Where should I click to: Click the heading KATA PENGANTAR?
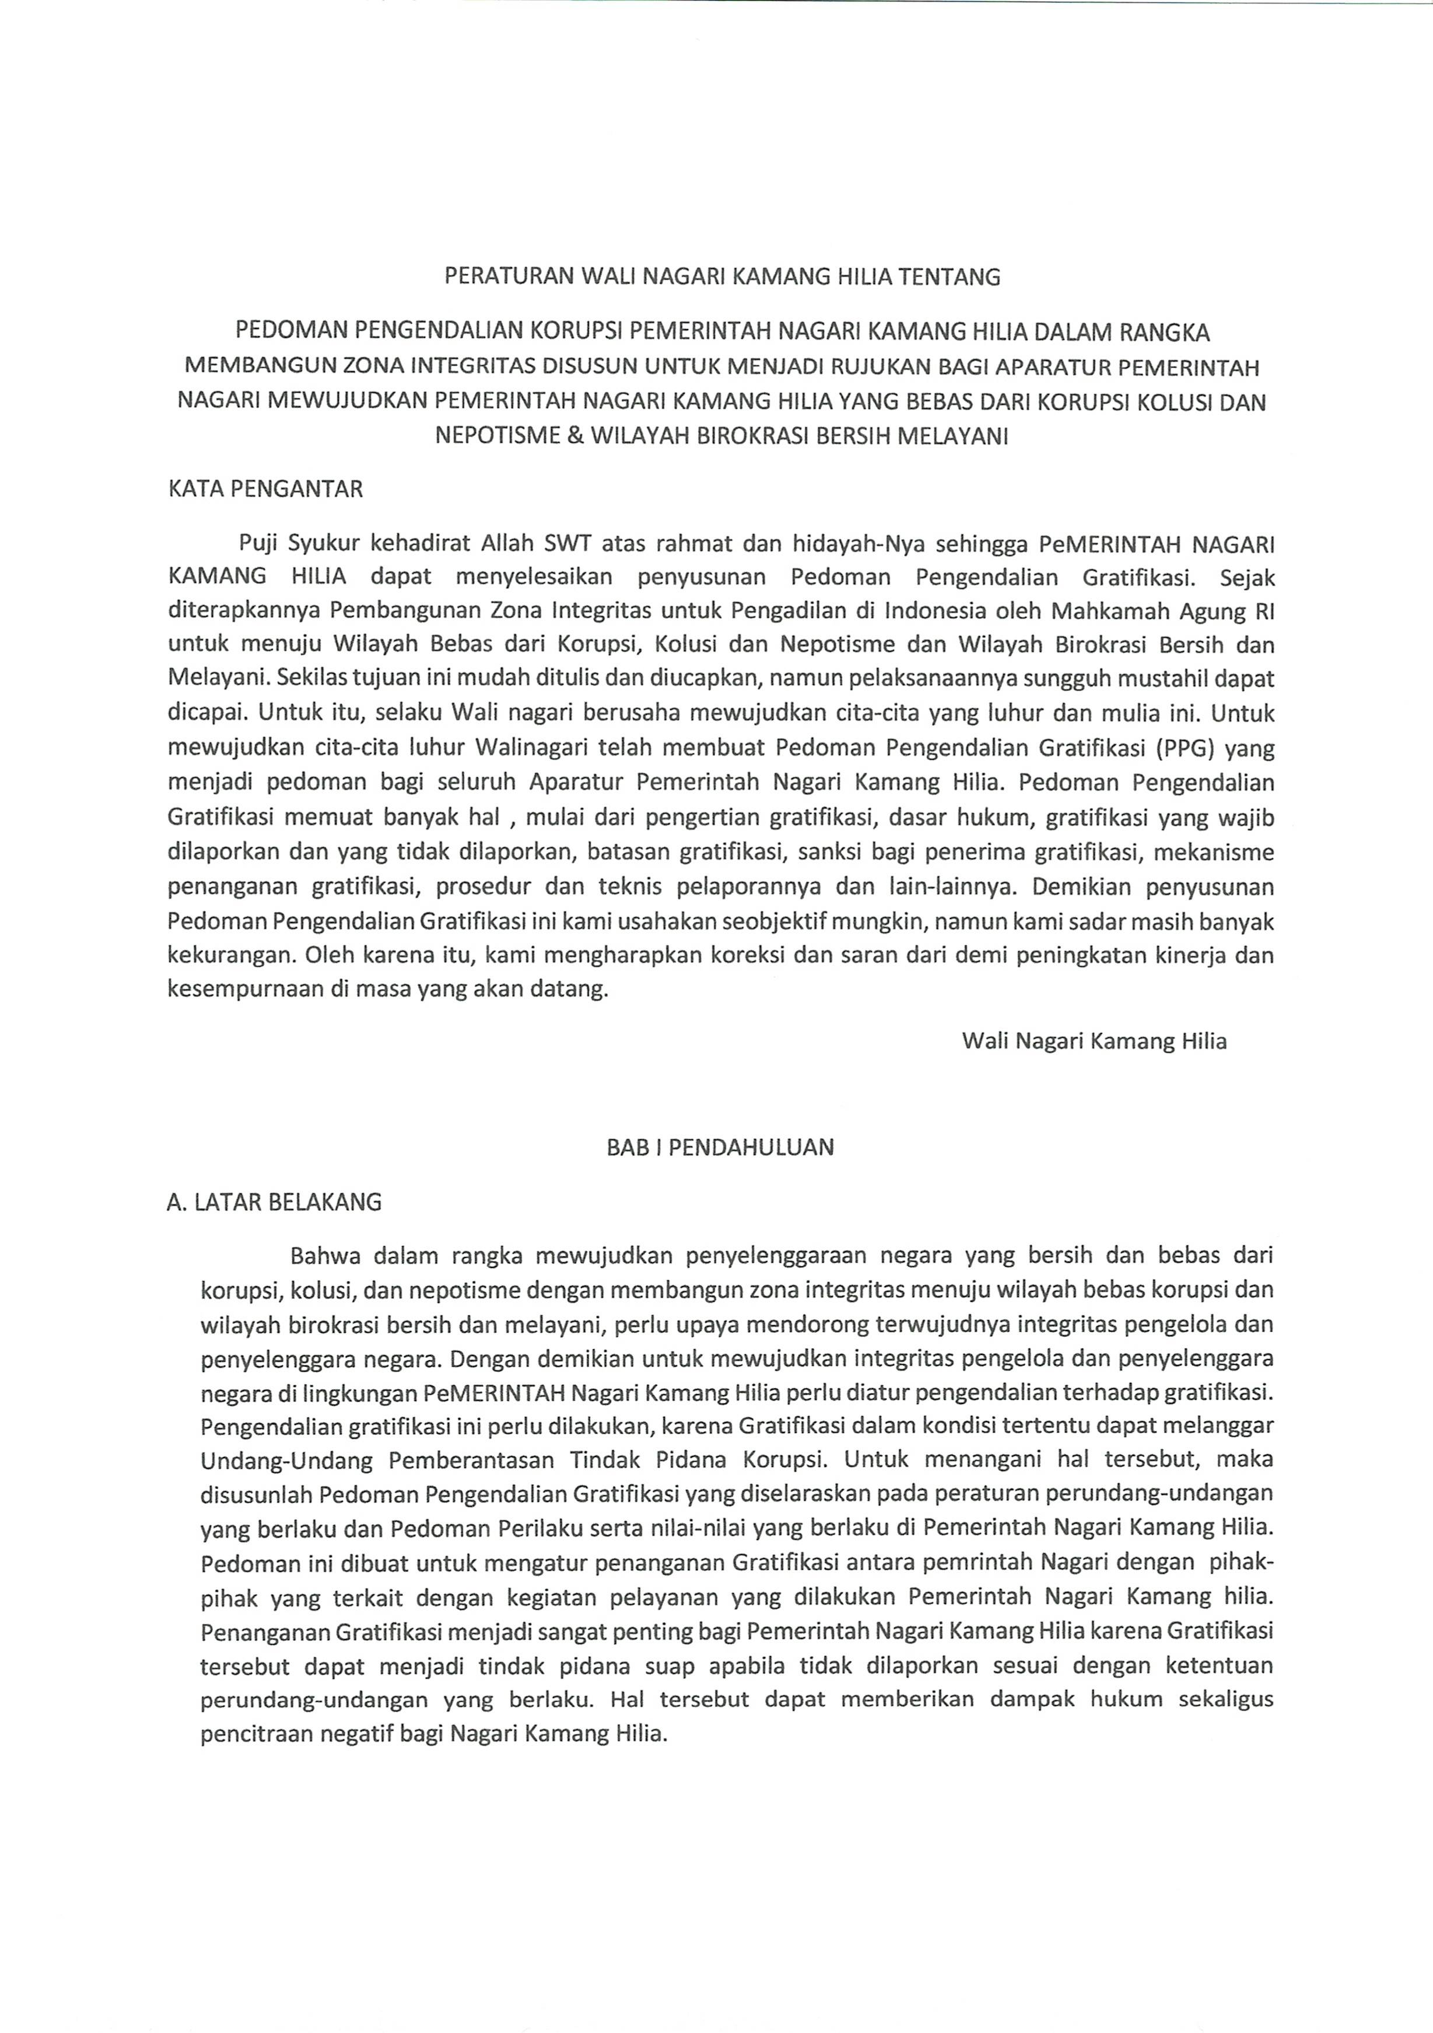265,490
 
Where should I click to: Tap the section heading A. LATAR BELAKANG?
274,1203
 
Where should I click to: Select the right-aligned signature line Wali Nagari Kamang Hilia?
1094,1040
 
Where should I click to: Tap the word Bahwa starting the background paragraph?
325,1256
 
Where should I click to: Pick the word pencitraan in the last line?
255,1733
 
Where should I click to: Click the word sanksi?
831,853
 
